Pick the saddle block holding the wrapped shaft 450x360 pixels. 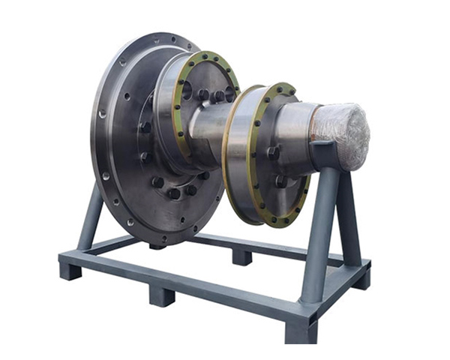click(x=325, y=154)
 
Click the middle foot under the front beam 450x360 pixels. click(x=162, y=294)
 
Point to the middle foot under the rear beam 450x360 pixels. click(x=241, y=257)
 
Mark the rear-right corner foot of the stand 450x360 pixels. click(x=361, y=279)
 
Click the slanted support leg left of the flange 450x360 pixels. click(x=90, y=217)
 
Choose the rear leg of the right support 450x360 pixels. click(x=347, y=217)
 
